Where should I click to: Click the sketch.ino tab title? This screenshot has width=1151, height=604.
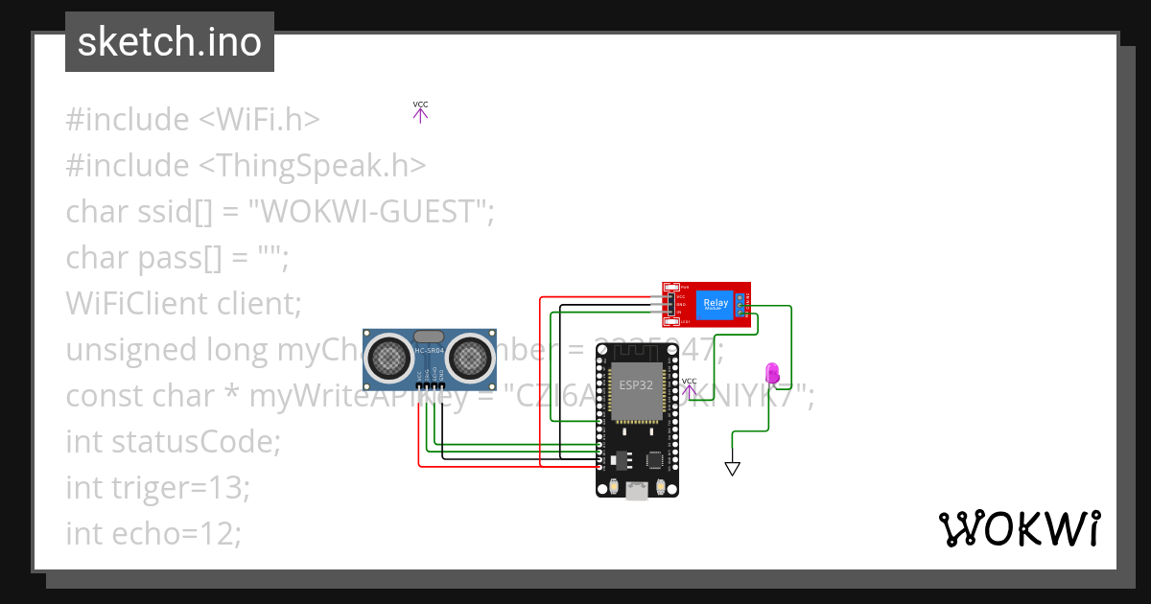[x=170, y=42]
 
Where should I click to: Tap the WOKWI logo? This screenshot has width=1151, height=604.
[x=1019, y=529]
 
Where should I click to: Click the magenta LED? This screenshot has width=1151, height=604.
[x=771, y=373]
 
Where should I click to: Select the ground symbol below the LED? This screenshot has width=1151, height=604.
[x=733, y=468]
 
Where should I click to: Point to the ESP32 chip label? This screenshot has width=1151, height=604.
[x=634, y=385]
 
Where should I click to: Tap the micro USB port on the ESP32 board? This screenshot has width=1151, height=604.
[x=636, y=491]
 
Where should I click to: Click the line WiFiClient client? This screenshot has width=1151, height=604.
[x=183, y=303]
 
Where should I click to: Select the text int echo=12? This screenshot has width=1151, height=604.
[x=153, y=533]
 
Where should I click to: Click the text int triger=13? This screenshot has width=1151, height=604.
[x=157, y=487]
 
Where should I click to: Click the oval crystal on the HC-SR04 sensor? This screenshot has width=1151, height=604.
[x=429, y=337]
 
